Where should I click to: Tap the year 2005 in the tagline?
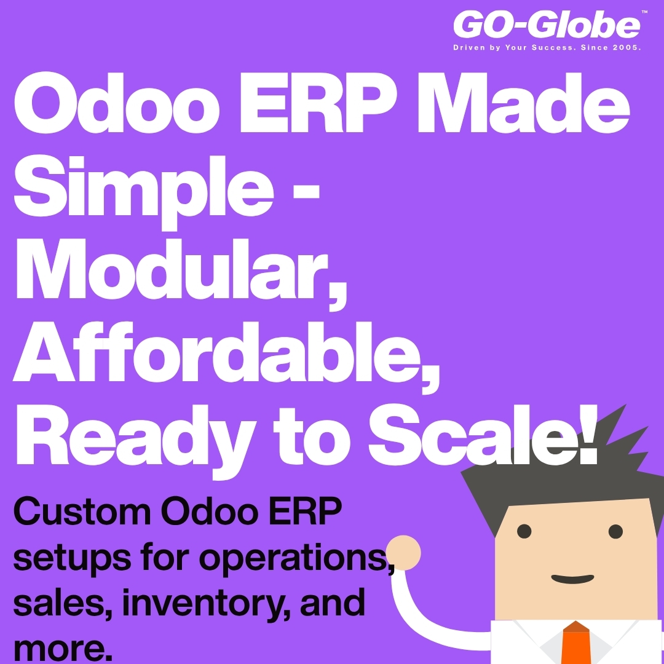[x=626, y=47]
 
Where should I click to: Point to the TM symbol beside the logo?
[x=644, y=12]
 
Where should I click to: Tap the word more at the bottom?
[x=55, y=649]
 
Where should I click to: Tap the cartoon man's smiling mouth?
[x=572, y=579]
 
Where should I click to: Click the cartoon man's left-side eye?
[x=524, y=530]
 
